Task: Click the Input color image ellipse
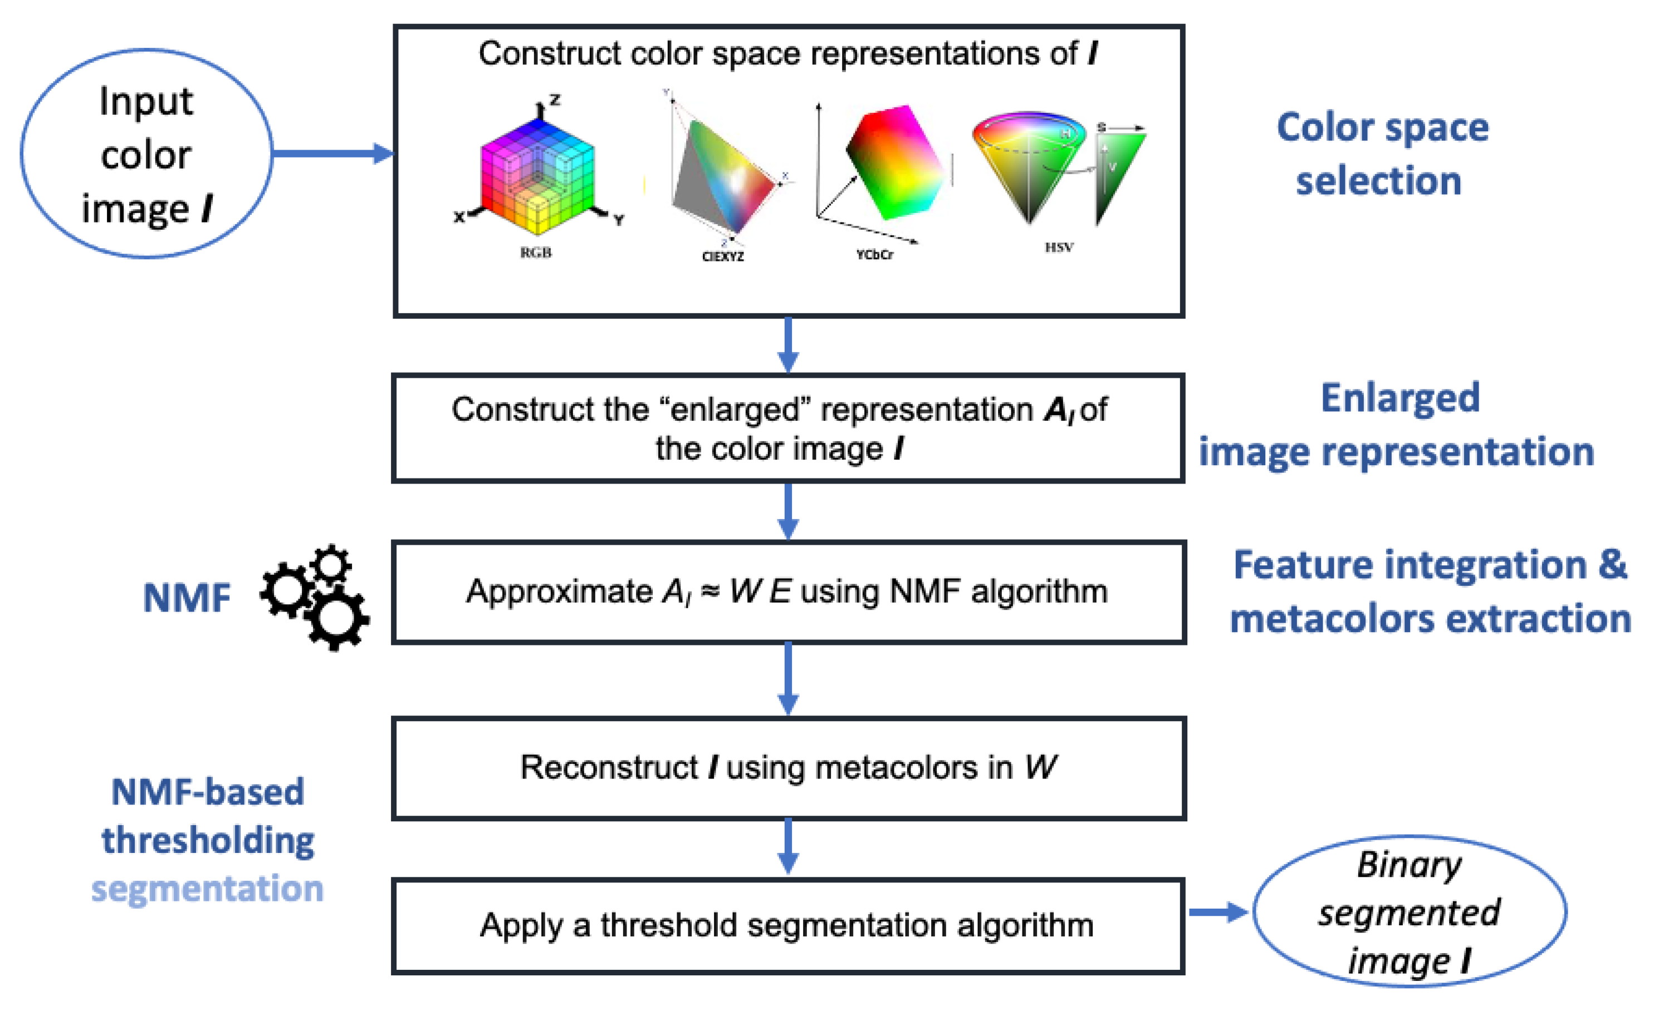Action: click(x=146, y=154)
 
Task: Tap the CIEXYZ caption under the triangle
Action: click(x=722, y=257)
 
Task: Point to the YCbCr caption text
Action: click(x=874, y=255)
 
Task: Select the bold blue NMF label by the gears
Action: click(x=187, y=598)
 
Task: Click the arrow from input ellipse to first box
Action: click(x=332, y=154)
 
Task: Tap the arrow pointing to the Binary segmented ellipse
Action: click(x=1217, y=912)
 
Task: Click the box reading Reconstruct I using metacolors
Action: click(x=788, y=768)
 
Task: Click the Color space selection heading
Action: click(x=1382, y=154)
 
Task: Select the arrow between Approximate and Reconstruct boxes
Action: click(x=788, y=679)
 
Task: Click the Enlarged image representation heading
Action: click(x=1396, y=425)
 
